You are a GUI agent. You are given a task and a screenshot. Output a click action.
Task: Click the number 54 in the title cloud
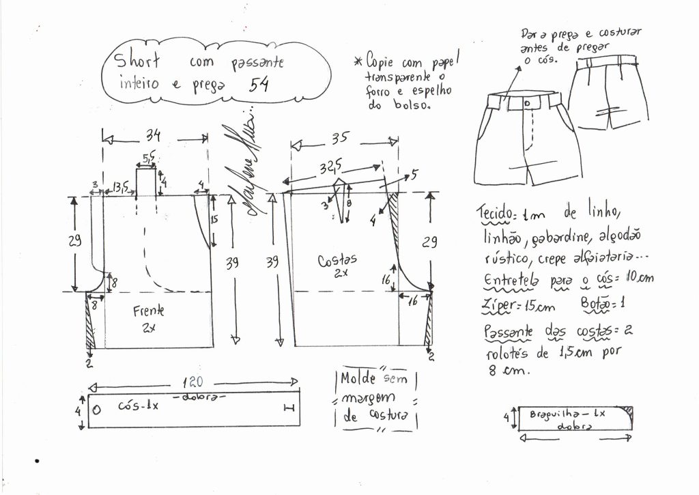pos(259,85)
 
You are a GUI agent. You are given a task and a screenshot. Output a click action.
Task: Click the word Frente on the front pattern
pos(148,311)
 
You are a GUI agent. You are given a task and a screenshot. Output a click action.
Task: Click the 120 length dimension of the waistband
pos(192,383)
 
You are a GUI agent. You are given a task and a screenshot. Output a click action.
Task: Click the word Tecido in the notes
pos(496,214)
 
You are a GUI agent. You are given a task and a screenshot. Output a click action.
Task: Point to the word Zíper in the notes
pos(501,306)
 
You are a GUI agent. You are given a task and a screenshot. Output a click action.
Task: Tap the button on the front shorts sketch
pos(528,102)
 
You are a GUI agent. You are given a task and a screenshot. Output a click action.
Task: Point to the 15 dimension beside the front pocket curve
pos(214,220)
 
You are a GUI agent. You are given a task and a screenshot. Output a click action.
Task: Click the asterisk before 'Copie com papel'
pos(357,62)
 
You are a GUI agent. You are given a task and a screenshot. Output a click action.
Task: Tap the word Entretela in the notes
pos(511,279)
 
